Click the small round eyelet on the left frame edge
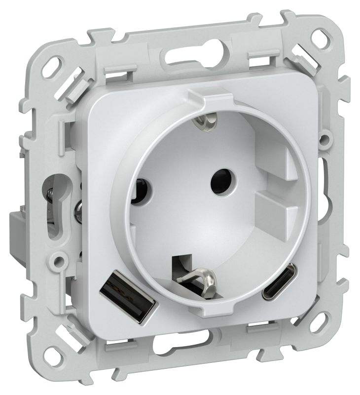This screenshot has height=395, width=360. [x=60, y=258]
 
